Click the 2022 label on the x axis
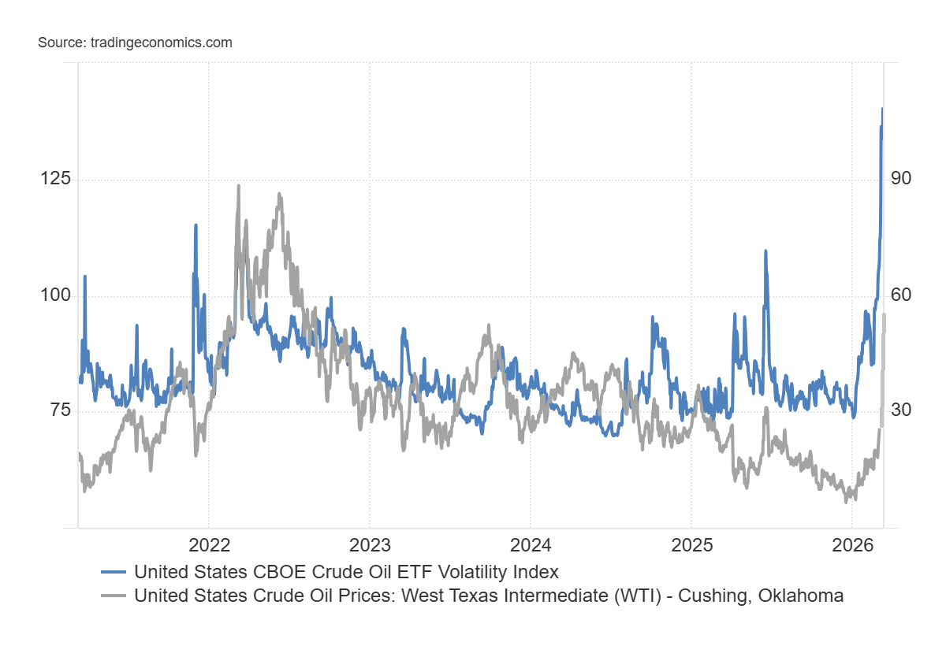pos(209,544)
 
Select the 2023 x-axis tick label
pos(370,544)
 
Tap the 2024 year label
pos(531,544)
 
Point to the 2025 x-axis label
pos(691,544)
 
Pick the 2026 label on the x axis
pos(852,544)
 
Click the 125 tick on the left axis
pos(55,180)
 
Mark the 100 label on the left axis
pos(55,296)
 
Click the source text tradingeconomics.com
pos(135,43)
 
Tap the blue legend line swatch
pos(115,572)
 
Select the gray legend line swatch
pos(115,596)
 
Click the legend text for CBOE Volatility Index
pos(346,572)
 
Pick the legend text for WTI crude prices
pos(489,596)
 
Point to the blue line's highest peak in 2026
pos(882,109)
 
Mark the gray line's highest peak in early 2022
pos(239,185)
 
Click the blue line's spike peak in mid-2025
pos(765,251)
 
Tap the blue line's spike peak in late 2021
pos(196,225)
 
